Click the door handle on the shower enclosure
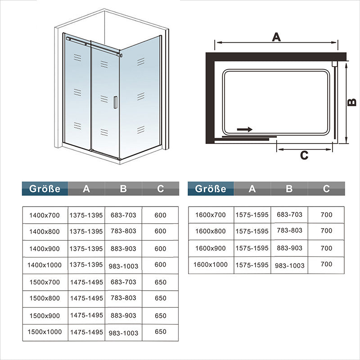click(x=115, y=102)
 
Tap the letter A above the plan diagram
click(x=276, y=37)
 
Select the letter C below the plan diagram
click(x=304, y=155)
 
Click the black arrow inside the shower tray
click(x=245, y=129)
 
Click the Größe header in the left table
click(x=45, y=189)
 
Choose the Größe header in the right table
click(x=211, y=189)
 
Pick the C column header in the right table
click(x=326, y=189)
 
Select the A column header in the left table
click(x=86, y=189)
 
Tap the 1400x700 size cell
click(x=45, y=216)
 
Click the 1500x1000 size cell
click(x=45, y=332)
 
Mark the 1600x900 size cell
click(x=210, y=248)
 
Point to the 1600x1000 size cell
click(x=210, y=265)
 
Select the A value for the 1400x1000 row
click(x=86, y=265)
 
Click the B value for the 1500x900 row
click(x=123, y=315)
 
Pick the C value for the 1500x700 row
click(x=160, y=282)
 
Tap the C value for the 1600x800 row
click(x=326, y=230)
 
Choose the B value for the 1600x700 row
click(x=289, y=215)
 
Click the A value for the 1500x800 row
click(x=86, y=298)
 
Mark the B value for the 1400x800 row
click(x=123, y=231)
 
